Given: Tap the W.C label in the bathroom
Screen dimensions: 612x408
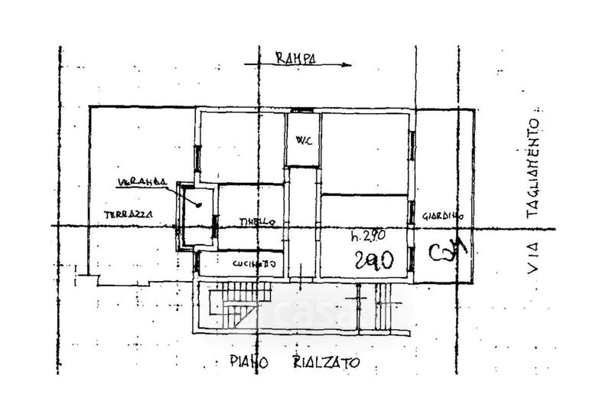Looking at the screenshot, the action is pyautogui.click(x=301, y=140).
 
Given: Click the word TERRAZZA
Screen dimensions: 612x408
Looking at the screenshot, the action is pyautogui.click(x=128, y=214).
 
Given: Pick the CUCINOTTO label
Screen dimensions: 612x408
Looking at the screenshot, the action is pyautogui.click(x=255, y=263).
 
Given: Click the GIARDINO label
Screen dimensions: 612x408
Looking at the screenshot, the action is pyautogui.click(x=445, y=216).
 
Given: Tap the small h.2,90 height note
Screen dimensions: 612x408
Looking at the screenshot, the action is pyautogui.click(x=366, y=235).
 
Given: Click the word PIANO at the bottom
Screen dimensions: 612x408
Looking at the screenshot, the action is pyautogui.click(x=248, y=363).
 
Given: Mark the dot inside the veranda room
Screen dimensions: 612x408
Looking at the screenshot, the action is pyautogui.click(x=198, y=204).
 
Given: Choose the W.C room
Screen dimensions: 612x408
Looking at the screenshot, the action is pyautogui.click(x=302, y=139).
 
